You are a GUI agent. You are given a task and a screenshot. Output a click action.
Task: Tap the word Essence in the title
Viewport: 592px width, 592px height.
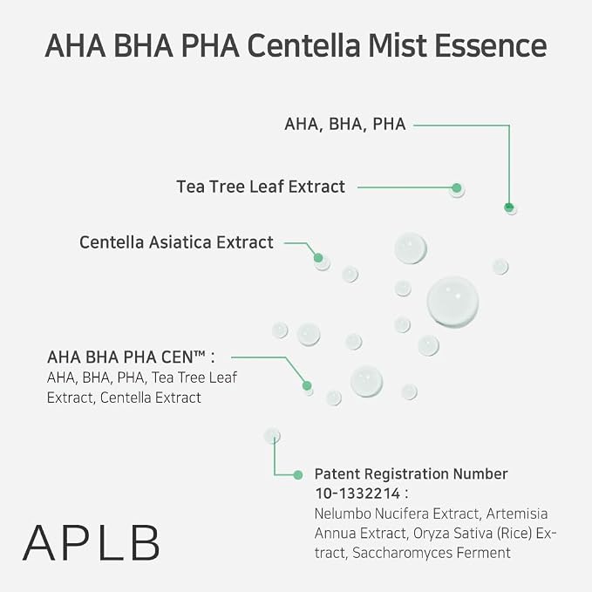coord(491,46)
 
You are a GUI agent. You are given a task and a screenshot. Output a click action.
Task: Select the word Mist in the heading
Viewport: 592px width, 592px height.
coord(398,46)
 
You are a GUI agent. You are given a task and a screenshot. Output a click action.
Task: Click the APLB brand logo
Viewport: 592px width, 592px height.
coord(91,543)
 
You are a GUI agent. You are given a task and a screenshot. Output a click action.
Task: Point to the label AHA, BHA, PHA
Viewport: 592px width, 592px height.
coord(345,124)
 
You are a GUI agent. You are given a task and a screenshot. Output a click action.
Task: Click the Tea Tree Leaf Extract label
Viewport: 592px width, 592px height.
coord(261,187)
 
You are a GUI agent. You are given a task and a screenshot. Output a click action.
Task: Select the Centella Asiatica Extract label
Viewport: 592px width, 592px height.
coord(176,242)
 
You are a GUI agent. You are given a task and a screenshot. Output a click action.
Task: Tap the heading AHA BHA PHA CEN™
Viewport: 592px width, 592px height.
coord(131,357)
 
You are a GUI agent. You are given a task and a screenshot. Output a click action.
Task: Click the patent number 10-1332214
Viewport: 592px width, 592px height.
coord(357,493)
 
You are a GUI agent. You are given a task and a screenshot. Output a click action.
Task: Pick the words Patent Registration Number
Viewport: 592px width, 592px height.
coord(412,473)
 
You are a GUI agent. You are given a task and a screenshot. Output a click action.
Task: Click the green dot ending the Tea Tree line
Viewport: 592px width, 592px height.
coord(457,187)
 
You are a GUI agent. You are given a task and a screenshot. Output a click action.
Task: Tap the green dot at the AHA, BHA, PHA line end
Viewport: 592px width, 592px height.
coord(509,207)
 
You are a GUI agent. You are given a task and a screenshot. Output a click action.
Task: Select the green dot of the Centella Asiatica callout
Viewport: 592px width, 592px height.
coord(318,258)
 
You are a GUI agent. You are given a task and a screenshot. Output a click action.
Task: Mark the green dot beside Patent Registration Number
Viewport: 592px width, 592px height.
coord(298,475)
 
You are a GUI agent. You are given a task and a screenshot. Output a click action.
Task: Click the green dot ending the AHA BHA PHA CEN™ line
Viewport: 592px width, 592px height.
coord(307,385)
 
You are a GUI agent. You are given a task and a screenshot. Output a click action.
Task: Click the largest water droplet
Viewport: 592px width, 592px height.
coord(453,302)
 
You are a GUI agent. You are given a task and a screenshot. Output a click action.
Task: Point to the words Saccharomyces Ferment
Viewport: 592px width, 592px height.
coord(432,553)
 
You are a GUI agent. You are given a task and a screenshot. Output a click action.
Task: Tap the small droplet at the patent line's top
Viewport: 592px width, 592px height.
coord(272,436)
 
